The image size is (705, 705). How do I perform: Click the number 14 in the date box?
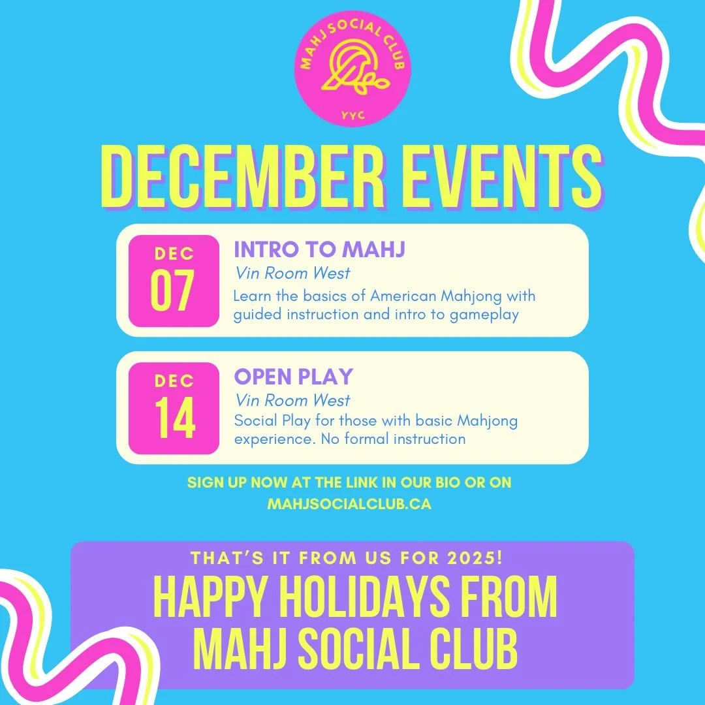(x=174, y=418)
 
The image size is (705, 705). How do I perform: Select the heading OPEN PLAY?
(x=293, y=377)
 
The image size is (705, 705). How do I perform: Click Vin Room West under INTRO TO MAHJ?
(x=292, y=274)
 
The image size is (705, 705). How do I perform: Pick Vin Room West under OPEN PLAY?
(x=292, y=400)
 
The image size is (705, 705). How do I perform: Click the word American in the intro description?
(x=399, y=296)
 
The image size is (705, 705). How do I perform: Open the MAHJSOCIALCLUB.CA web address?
(x=349, y=504)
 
